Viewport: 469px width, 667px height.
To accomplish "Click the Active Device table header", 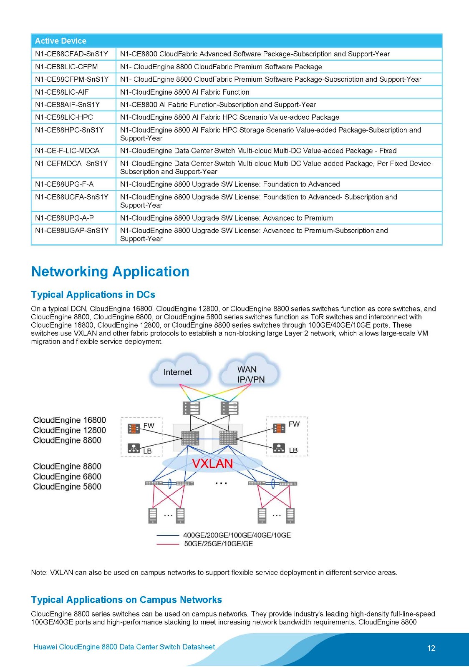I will click(x=61, y=41).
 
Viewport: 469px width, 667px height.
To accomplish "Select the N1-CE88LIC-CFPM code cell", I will click(x=66, y=67).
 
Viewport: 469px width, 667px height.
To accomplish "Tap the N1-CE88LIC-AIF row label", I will click(x=62, y=92).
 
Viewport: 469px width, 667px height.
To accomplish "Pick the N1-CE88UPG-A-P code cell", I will click(x=64, y=218).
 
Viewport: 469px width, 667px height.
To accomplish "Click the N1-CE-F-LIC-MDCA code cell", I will click(x=67, y=151).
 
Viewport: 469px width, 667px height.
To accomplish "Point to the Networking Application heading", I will click(x=110, y=272).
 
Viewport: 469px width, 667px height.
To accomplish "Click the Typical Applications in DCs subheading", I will click(x=93, y=295).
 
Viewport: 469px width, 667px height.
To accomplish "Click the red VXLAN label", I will click(x=212, y=464).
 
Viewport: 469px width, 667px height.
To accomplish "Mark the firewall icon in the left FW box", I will click(x=134, y=428).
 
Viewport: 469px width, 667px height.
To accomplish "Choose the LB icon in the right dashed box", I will click(x=279, y=448).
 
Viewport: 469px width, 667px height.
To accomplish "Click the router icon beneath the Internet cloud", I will click(x=192, y=408).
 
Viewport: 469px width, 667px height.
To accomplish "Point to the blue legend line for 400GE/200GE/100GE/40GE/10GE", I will click(x=168, y=535).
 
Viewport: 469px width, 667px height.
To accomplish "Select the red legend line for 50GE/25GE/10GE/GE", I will click(x=168, y=544).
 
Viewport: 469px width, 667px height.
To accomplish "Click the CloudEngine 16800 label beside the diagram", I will click(x=69, y=420).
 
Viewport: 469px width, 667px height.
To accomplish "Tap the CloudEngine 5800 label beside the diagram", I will click(x=67, y=487).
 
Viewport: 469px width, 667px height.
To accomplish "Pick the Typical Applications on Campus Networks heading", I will click(x=126, y=600).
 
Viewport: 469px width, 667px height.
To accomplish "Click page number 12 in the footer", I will click(x=431, y=648).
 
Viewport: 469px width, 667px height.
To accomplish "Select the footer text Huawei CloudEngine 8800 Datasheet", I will click(x=124, y=647).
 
